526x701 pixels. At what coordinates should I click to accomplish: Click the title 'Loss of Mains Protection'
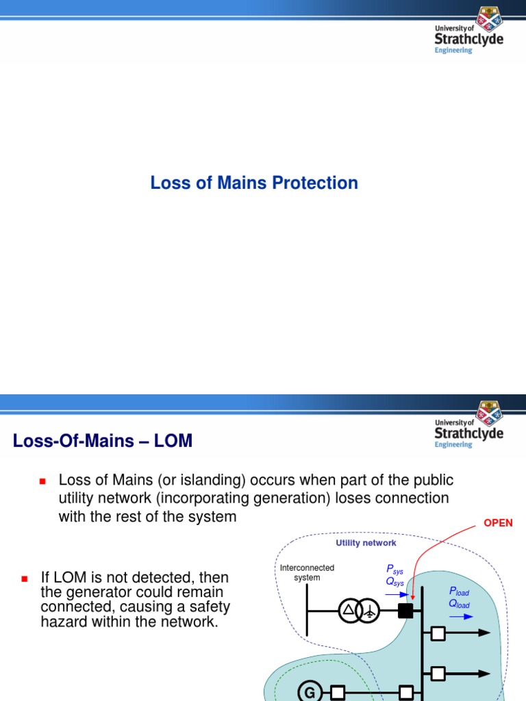pyautogui.click(x=254, y=183)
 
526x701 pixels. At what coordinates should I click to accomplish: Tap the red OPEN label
pyautogui.click(x=498, y=523)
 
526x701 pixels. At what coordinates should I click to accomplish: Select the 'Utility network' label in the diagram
pyautogui.click(x=366, y=543)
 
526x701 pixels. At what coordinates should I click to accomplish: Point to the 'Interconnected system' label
pyautogui.click(x=308, y=572)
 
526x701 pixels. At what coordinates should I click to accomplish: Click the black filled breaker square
pyautogui.click(x=405, y=610)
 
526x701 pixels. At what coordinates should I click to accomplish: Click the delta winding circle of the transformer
pyautogui.click(x=349, y=610)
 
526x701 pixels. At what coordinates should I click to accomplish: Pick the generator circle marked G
pyautogui.click(x=310, y=693)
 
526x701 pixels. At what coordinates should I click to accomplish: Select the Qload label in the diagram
pyautogui.click(x=459, y=604)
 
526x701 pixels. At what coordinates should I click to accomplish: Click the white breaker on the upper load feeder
pyautogui.click(x=438, y=633)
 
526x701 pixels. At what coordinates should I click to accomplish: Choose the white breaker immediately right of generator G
pyautogui.click(x=338, y=693)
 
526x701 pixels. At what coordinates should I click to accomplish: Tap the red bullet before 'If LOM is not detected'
pyautogui.click(x=24, y=579)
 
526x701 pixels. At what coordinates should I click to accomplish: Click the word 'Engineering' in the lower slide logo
pyautogui.click(x=453, y=444)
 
